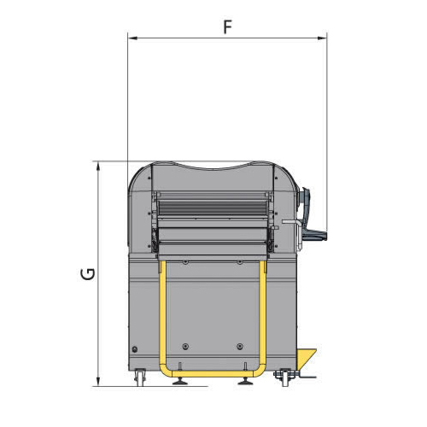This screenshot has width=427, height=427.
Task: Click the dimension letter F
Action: (227, 27)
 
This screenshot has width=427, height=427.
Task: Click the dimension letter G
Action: (86, 274)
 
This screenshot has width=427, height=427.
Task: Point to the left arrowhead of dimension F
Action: (133, 38)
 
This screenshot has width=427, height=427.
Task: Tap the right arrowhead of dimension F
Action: (322, 38)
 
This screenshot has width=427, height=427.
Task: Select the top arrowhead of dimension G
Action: (98, 167)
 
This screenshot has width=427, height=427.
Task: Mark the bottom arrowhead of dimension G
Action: (98, 382)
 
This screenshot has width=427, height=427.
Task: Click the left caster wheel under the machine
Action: (140, 377)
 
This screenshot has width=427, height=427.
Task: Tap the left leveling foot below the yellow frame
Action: (180, 381)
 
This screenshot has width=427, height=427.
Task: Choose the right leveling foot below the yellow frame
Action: (245, 381)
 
